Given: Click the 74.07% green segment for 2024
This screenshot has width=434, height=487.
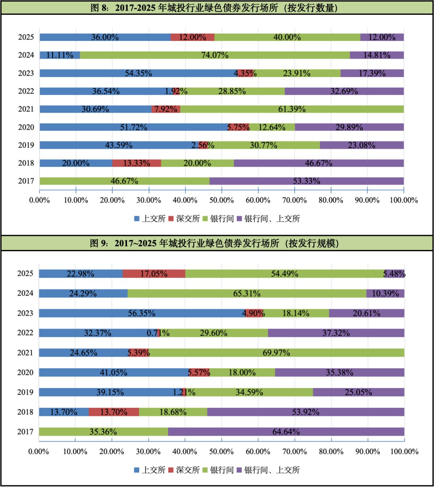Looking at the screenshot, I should (215, 55).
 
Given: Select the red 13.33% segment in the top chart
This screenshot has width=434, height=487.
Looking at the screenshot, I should (137, 163).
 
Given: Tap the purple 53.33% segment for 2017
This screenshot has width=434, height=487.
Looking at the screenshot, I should (306, 181).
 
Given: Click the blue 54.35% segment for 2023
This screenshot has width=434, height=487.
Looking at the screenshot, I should (138, 73).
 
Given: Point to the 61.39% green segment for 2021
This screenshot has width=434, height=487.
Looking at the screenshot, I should (292, 109).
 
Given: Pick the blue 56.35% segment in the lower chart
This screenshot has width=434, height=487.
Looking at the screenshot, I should (141, 313).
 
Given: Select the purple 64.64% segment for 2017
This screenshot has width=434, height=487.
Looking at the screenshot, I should (286, 432).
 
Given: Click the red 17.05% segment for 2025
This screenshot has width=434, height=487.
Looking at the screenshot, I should (154, 274).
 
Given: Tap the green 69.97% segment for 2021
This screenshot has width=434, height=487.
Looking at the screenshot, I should (276, 353).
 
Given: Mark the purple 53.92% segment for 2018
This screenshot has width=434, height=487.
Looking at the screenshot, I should (305, 412).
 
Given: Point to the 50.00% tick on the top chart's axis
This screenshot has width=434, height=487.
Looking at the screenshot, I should (221, 200).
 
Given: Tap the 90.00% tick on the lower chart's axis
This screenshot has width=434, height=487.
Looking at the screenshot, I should (368, 452).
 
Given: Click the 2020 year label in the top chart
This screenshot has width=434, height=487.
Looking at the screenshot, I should (26, 127).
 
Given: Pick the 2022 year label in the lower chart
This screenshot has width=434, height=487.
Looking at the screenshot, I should (25, 333).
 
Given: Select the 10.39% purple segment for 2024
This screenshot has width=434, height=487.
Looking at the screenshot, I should (385, 293).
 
